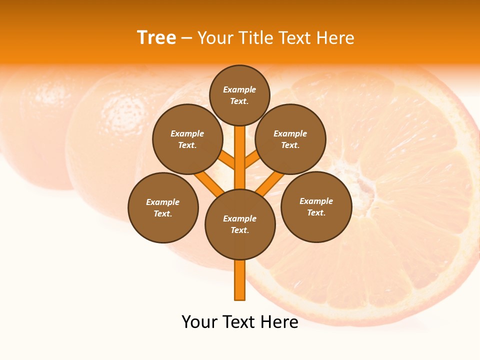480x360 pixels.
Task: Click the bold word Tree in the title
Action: tap(156, 38)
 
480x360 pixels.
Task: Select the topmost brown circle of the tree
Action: tap(239, 95)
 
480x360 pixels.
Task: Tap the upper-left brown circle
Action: tap(187, 139)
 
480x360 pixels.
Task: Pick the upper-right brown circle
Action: tap(290, 139)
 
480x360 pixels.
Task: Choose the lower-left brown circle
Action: tap(163, 207)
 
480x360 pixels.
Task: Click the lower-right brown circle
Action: tap(316, 206)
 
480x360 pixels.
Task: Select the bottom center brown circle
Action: tap(240, 224)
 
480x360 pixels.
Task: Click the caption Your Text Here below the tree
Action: tap(240, 322)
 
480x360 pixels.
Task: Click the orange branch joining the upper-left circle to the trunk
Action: tap(226, 160)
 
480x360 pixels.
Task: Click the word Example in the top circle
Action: tap(239, 90)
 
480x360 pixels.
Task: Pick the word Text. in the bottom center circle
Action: tap(239, 230)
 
